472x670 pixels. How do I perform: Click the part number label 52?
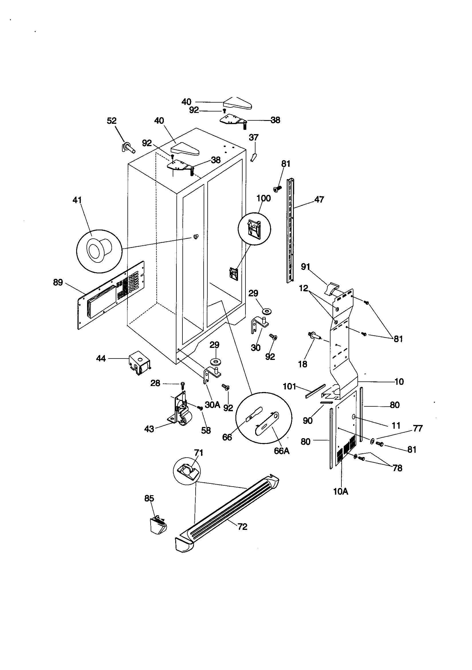pos(112,121)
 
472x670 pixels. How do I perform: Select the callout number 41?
pos(77,200)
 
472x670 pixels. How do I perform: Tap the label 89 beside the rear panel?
pos(58,283)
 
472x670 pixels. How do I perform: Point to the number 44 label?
pos(101,358)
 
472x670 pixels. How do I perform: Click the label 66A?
pos(282,451)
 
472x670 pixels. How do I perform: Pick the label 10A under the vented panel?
pos(341,492)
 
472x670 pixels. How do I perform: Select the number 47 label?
pos(319,200)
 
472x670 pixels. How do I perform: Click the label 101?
pos(289,387)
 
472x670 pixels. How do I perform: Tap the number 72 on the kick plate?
pos(242,527)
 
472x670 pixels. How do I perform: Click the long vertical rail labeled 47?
pos(290,230)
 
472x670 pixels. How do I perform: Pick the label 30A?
pos(212,405)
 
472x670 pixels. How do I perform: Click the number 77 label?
pos(418,428)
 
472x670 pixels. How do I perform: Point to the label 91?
pos(305,267)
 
